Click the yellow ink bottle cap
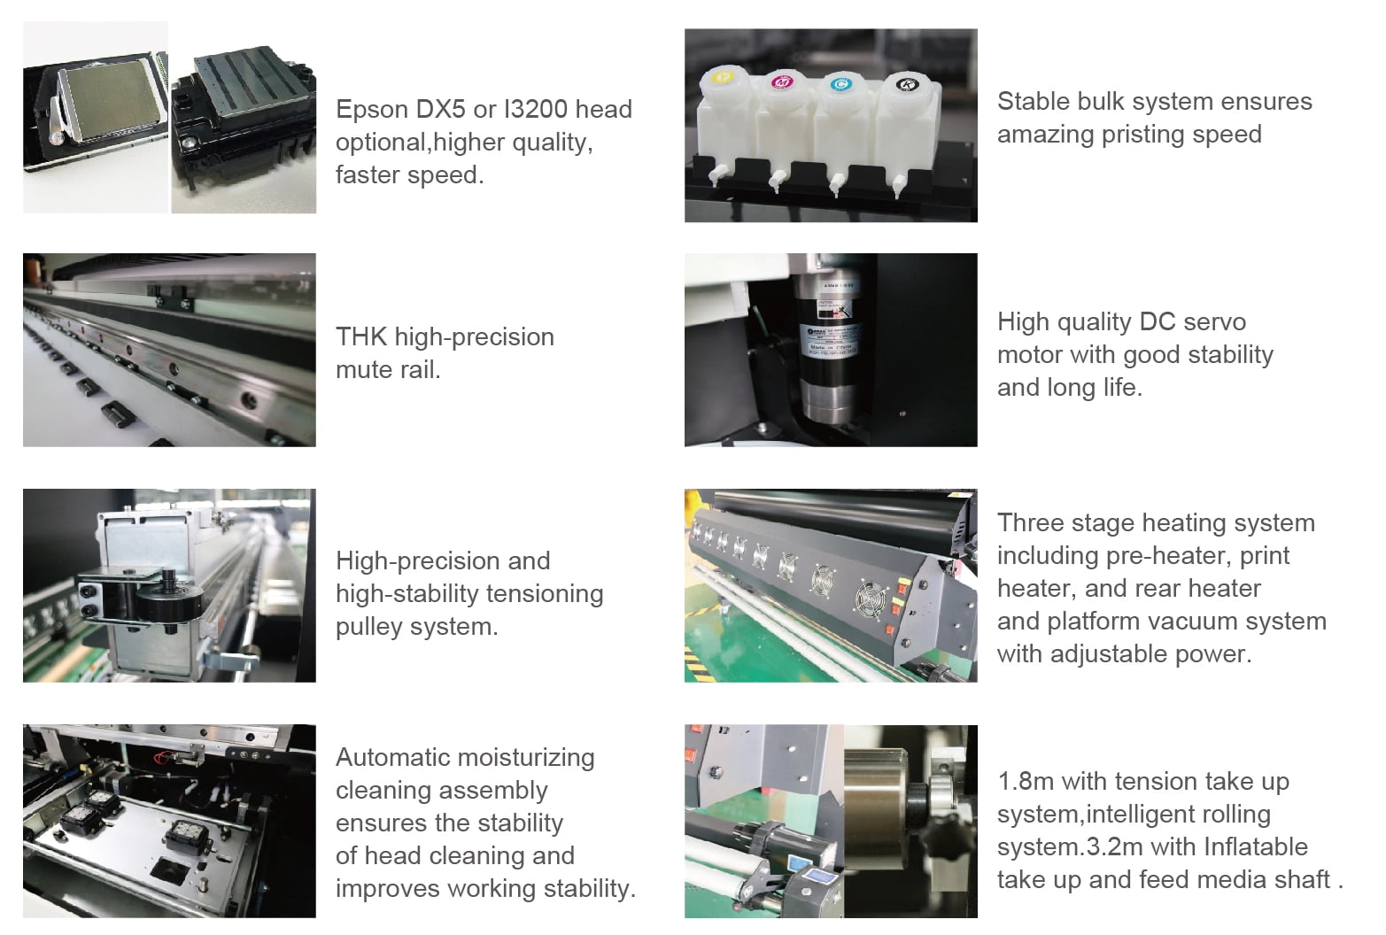click(723, 78)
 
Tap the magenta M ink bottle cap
click(783, 81)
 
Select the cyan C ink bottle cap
click(840, 83)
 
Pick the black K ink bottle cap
click(907, 83)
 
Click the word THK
click(361, 337)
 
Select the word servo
click(1214, 322)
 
